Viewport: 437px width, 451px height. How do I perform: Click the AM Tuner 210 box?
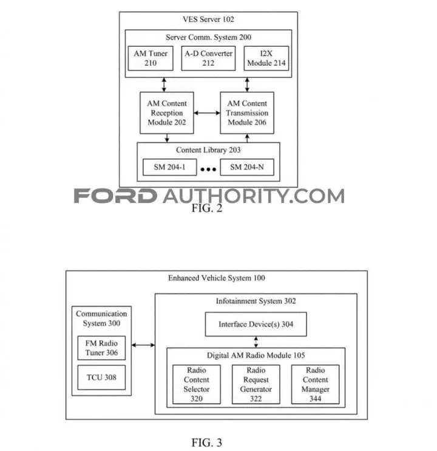(x=151, y=58)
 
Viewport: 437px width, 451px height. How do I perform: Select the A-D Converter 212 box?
(x=208, y=58)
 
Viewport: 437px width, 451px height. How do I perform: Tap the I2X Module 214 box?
(x=266, y=58)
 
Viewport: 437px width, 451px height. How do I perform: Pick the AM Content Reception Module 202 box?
(x=167, y=113)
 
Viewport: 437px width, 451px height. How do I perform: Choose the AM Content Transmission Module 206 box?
(x=247, y=113)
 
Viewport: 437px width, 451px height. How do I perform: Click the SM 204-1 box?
(x=170, y=167)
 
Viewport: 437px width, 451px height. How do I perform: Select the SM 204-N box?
(x=247, y=167)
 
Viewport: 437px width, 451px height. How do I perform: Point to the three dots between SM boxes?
(x=208, y=170)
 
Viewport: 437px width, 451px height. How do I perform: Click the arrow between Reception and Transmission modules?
(x=207, y=113)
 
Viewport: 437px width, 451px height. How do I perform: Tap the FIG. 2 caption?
(x=207, y=208)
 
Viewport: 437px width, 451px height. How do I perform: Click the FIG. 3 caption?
(x=207, y=442)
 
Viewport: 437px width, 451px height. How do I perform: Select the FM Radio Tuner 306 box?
(x=101, y=348)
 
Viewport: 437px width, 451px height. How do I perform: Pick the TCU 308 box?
(x=101, y=377)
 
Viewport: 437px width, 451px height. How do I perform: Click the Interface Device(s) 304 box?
(x=256, y=324)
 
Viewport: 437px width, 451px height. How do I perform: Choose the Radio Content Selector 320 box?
(x=197, y=385)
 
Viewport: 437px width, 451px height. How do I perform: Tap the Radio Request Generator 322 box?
(x=256, y=385)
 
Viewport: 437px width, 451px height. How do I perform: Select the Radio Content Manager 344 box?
(x=315, y=385)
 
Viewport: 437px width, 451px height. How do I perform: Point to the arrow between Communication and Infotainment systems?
(x=143, y=345)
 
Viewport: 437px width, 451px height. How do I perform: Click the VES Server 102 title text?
(x=208, y=19)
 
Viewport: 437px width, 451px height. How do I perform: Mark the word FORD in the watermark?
(x=115, y=196)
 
